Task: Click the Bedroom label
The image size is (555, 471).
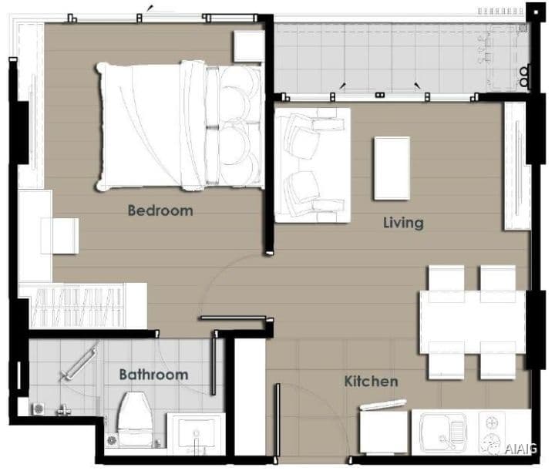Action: pyautogui.click(x=160, y=210)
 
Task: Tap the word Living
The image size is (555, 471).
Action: pyautogui.click(x=403, y=223)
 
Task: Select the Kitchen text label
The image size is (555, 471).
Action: pyautogui.click(x=371, y=381)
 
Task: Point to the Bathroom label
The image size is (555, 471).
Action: pyautogui.click(x=153, y=375)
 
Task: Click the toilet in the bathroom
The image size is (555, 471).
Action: pyautogui.click(x=135, y=419)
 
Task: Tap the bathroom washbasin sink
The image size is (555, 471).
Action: pyautogui.click(x=196, y=434)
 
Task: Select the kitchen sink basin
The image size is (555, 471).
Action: pyautogui.click(x=442, y=431)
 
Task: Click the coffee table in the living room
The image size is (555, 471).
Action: pyautogui.click(x=392, y=169)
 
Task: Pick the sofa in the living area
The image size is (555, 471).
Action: pyautogui.click(x=312, y=165)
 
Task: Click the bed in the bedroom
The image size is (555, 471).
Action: pyautogui.click(x=180, y=126)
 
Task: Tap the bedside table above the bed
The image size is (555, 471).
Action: pyautogui.click(x=249, y=46)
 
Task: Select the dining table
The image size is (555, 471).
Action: pyautogui.click(x=473, y=322)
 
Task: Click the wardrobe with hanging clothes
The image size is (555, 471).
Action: pyautogui.click(x=82, y=306)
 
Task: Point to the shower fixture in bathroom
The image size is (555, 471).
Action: pyautogui.click(x=79, y=365)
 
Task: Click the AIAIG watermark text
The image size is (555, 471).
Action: pyautogui.click(x=520, y=449)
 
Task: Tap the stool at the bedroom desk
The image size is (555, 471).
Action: pyautogui.click(x=59, y=236)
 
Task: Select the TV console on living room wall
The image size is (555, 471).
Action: pyautogui.click(x=517, y=166)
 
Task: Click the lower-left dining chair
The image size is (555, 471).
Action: pyautogui.click(x=446, y=360)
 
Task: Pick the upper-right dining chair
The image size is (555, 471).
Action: pyautogui.click(x=498, y=284)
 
